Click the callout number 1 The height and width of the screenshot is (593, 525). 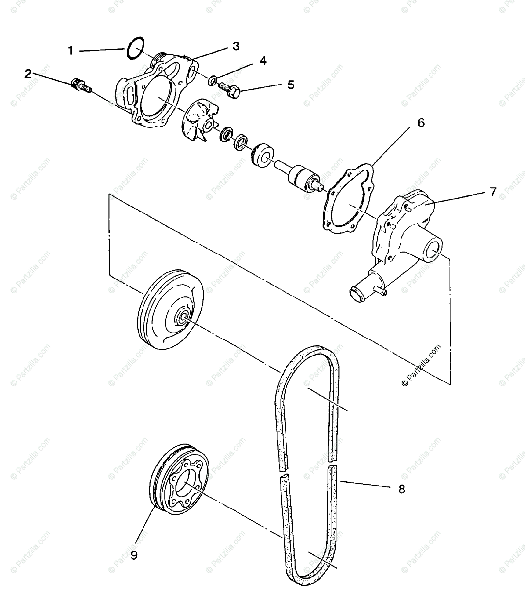70,50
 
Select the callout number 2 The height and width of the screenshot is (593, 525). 28,74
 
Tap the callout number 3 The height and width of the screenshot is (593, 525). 236,46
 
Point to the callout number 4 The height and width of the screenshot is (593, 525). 263,61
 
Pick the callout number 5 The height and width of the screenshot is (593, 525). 291,85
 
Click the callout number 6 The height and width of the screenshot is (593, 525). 421,123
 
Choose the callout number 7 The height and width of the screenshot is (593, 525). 493,192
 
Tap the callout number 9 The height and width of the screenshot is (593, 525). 134,555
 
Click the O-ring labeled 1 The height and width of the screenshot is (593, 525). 135,48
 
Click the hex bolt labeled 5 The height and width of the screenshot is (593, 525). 232,90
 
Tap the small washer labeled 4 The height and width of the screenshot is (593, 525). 212,79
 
